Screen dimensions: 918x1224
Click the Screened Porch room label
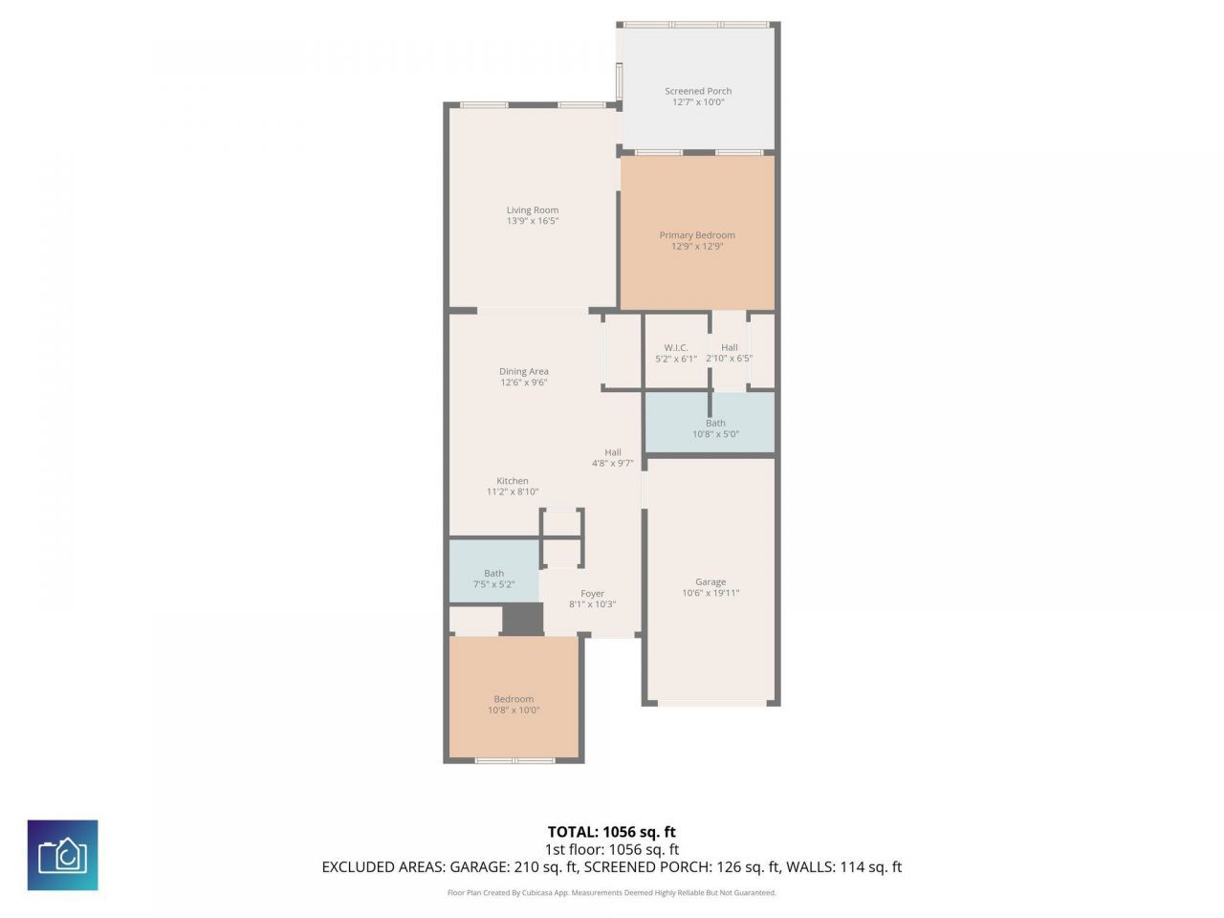698,91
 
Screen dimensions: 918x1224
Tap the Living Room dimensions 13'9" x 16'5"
533,221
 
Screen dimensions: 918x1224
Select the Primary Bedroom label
697,235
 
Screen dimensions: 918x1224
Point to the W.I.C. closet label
676,348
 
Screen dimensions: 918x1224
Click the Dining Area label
524,372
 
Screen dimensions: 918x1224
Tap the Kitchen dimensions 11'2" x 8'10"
513,492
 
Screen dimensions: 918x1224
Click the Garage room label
710,581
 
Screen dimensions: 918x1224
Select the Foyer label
592,594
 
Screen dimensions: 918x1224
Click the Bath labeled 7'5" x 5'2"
493,579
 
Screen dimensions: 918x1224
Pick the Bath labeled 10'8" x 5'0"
715,428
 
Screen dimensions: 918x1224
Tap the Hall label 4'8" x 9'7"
613,458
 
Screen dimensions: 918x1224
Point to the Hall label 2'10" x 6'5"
730,353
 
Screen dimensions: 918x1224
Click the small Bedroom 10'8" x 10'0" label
514,704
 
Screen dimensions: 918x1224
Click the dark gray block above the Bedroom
522,619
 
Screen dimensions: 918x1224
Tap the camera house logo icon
62,855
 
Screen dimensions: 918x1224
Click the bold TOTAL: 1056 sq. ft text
611,832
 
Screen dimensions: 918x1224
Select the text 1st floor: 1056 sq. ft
611,849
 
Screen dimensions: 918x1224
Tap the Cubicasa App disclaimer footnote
611,893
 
